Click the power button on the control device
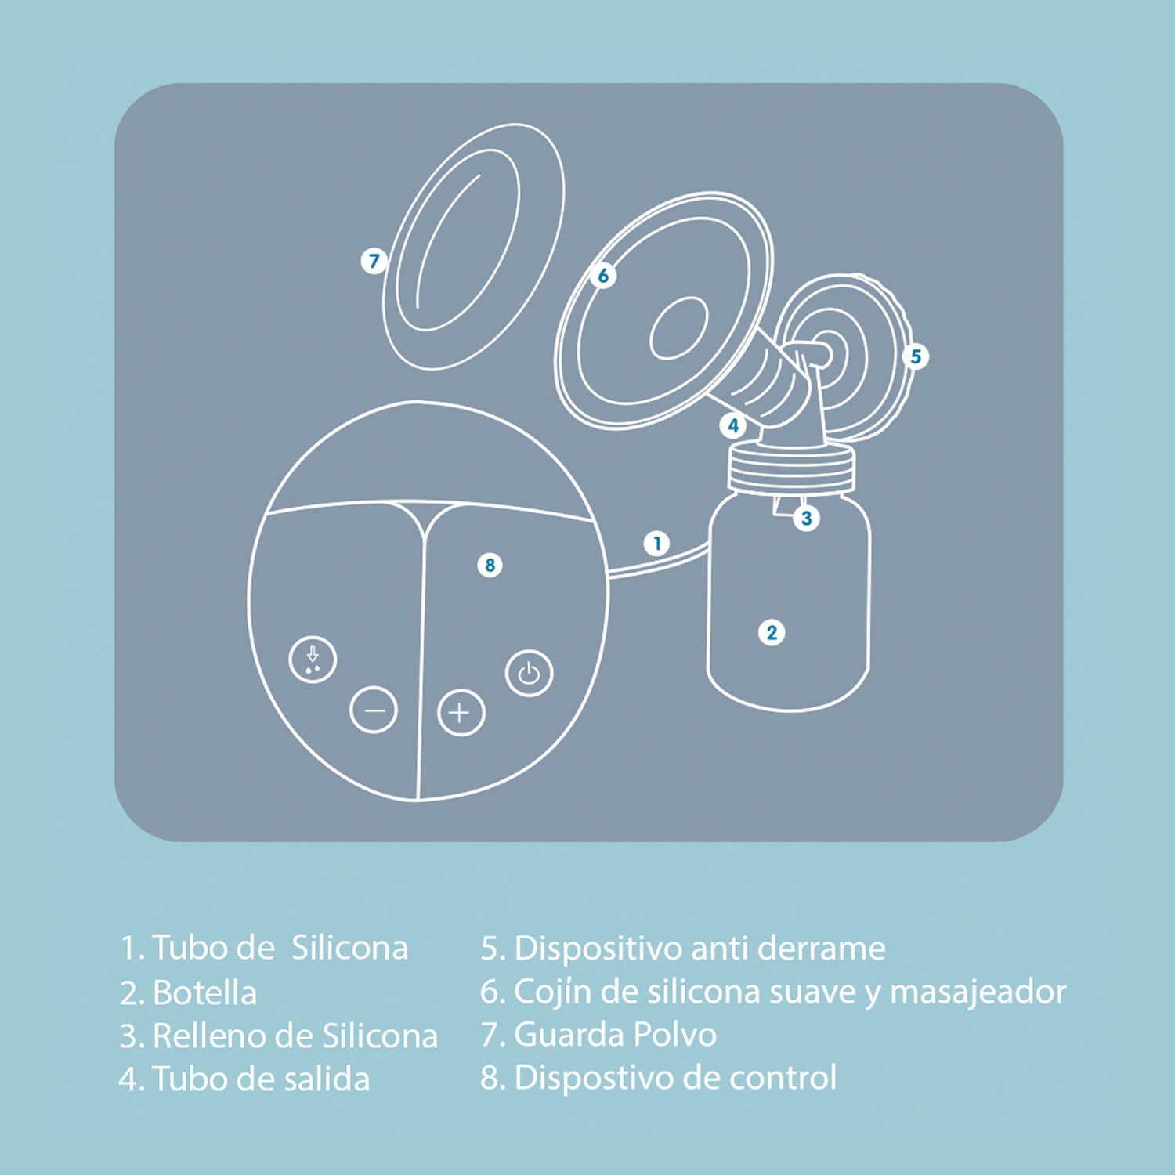530,673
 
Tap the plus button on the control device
461,713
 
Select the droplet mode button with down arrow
313,660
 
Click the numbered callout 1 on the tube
656,543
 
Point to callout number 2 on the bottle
772,632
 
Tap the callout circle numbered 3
806,518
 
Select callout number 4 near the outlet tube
733,425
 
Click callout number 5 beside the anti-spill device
915,356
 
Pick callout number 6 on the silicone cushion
603,276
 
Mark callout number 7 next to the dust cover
374,261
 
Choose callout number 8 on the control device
490,565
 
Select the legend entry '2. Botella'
189,992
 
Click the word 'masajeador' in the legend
978,992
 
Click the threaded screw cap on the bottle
791,468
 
